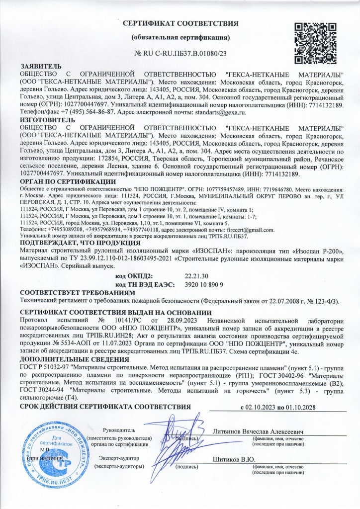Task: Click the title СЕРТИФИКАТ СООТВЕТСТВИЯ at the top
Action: tap(180, 23)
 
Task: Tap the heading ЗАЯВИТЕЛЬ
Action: tap(41, 66)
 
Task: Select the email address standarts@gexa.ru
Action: tap(221, 113)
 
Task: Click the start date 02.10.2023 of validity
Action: tap(260, 407)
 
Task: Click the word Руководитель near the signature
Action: tap(119, 430)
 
